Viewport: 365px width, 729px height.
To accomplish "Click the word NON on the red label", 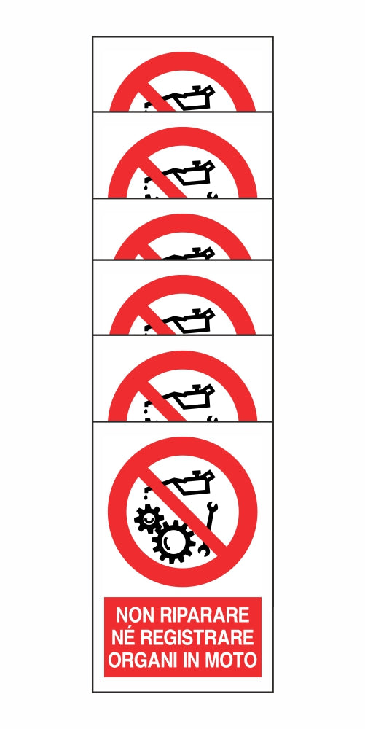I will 134,615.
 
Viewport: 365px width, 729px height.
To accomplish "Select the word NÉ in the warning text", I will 126,638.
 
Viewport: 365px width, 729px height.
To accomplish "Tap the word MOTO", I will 234,661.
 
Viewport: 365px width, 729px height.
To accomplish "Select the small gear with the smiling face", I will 149,519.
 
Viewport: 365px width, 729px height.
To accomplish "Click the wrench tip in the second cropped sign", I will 211,195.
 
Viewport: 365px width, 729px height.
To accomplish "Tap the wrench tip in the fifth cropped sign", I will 211,418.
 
